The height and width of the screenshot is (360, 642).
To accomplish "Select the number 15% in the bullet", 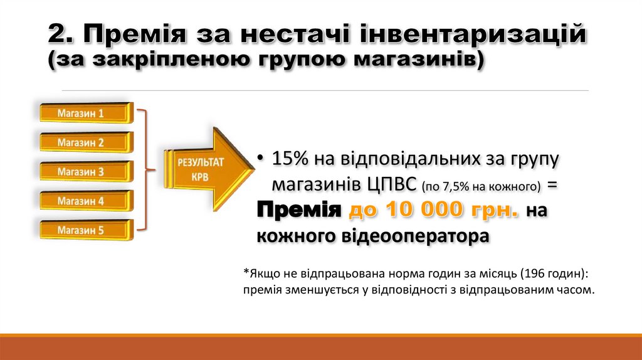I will (x=289, y=159).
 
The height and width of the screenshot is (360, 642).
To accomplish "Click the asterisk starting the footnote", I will (x=246, y=273).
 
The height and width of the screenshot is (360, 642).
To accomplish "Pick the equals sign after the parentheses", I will (x=552, y=186).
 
